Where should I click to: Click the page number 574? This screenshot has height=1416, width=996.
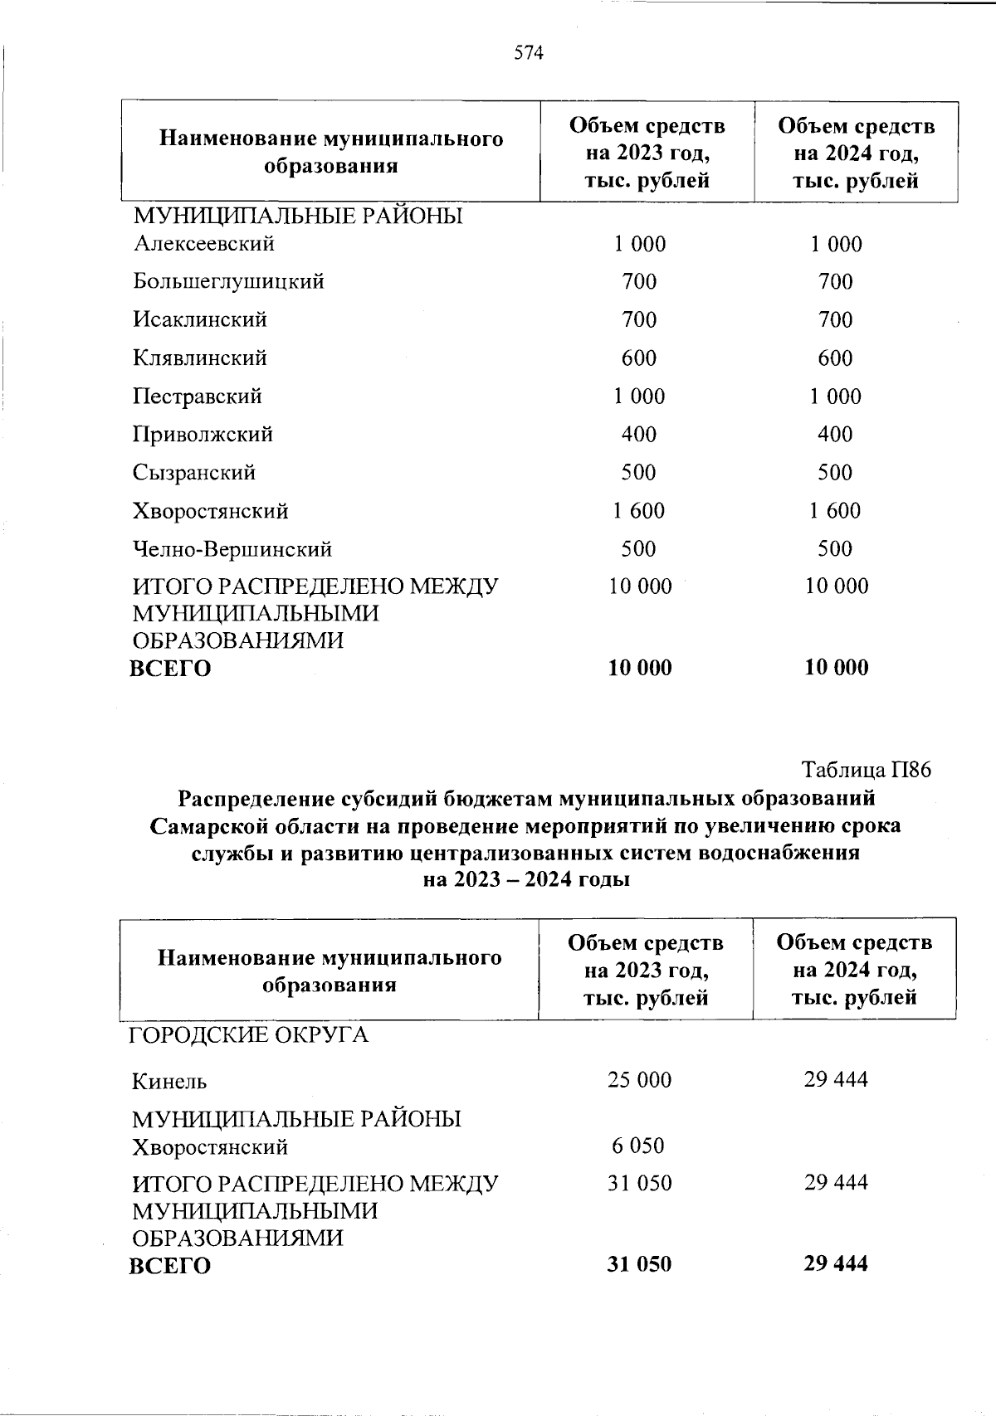coord(528,54)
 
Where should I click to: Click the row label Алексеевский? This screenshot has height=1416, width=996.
coord(203,244)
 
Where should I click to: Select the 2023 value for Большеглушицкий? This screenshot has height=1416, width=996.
coord(639,282)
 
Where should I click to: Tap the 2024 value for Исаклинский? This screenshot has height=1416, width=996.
coord(835,320)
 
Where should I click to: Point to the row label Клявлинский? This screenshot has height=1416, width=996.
coord(199,358)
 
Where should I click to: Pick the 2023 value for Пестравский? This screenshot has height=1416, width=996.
coord(639,397)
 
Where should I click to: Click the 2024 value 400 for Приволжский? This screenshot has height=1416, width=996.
coord(835,435)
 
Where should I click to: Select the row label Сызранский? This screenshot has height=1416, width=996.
coord(193,473)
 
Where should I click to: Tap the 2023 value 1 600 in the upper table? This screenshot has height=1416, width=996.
coord(639,511)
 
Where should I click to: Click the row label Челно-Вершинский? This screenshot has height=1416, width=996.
coord(232,549)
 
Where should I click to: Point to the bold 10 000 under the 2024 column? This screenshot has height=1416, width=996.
coord(837,668)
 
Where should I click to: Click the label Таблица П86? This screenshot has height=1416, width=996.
coord(867,770)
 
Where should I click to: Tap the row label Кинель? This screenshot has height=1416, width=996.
coord(169,1082)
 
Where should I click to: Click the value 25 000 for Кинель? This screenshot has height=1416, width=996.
coord(639,1080)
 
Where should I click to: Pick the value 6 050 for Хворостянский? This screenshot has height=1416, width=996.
coord(638,1146)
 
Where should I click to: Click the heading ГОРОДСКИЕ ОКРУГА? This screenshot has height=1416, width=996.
coord(247,1035)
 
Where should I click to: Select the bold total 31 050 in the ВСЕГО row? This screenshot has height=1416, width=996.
coord(639,1264)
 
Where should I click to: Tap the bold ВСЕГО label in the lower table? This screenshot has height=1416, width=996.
coord(169,1266)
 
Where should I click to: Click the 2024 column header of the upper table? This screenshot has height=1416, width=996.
coord(856,153)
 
